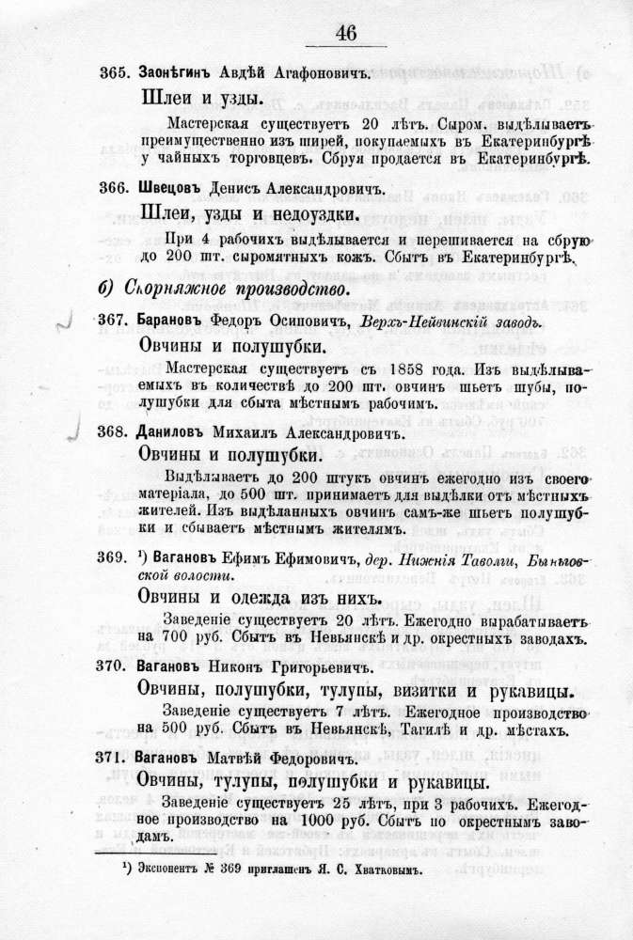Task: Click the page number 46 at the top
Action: [x=345, y=33]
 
